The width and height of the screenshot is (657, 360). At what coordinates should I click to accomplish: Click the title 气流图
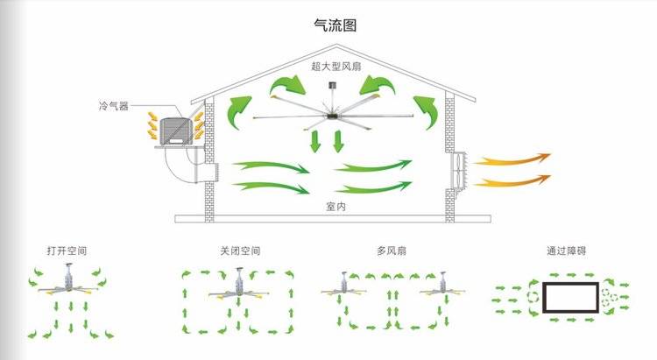click(335, 26)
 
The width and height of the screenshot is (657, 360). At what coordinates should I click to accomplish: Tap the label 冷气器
click(113, 105)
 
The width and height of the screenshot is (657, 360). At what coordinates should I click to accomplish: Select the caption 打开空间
click(67, 251)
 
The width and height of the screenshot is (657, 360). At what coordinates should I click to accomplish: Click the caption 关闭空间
click(240, 251)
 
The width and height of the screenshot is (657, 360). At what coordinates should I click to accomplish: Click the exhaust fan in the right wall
click(457, 172)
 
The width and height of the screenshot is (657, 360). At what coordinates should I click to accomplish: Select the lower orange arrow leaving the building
click(513, 180)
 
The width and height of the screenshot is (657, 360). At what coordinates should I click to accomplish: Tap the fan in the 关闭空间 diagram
click(236, 286)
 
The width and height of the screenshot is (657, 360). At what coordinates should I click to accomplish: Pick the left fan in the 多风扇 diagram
click(345, 286)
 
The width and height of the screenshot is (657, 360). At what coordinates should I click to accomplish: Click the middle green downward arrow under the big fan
click(333, 140)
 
